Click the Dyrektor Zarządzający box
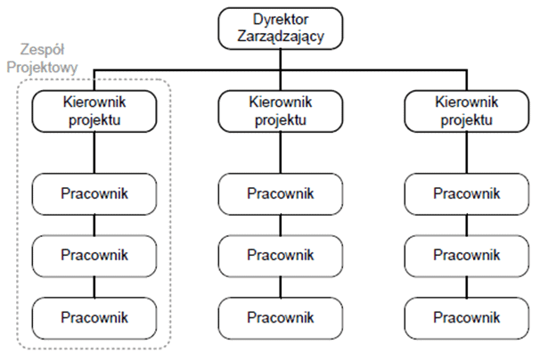click(x=280, y=29)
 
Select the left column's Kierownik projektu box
click(x=94, y=112)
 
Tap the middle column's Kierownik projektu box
click(x=280, y=112)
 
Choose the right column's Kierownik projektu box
click(x=465, y=112)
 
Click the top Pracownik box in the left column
click(x=94, y=192)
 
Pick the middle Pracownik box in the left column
click(x=94, y=255)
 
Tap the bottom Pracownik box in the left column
click(x=94, y=316)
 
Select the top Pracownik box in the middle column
click(x=280, y=192)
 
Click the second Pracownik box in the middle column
click(x=280, y=255)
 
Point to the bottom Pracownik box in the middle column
click(x=280, y=316)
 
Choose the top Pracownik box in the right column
click(x=465, y=192)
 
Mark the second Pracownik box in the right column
click(x=465, y=255)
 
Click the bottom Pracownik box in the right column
click(x=465, y=316)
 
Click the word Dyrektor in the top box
click(x=280, y=20)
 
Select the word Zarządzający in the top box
click(x=280, y=37)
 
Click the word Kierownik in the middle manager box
click(x=280, y=103)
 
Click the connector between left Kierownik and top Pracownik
click(x=94, y=153)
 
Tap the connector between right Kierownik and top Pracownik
click(x=465, y=153)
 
